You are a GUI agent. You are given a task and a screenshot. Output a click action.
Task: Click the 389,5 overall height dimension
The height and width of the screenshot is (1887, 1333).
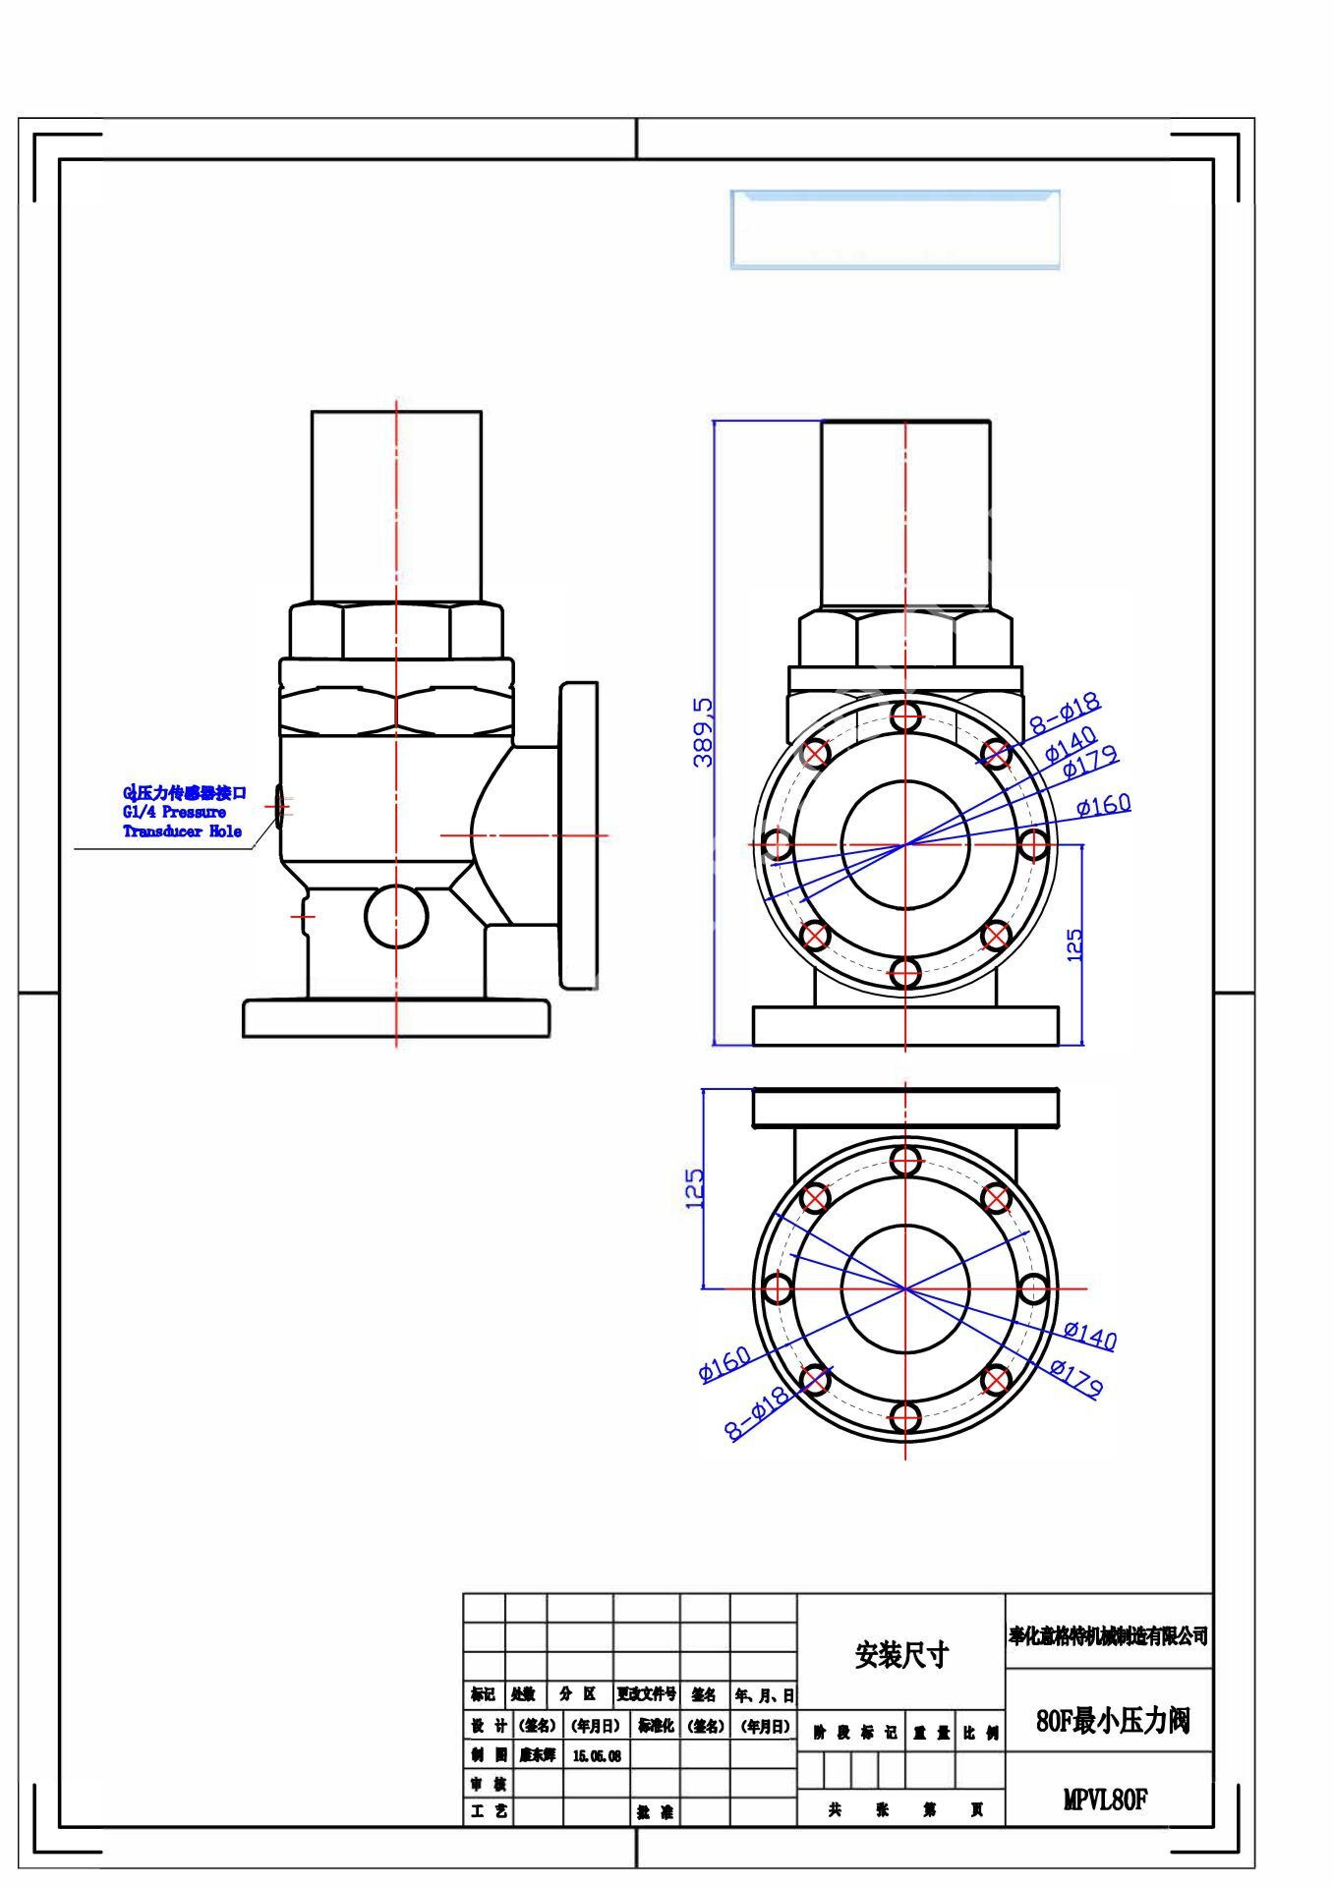(704, 731)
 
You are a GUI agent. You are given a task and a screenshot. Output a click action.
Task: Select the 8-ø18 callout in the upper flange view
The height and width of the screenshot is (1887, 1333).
(1066, 715)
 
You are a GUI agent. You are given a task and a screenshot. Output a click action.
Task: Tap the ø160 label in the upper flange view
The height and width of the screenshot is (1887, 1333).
(1103, 806)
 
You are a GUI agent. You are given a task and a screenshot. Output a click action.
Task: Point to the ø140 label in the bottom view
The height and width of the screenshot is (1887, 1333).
(1090, 1335)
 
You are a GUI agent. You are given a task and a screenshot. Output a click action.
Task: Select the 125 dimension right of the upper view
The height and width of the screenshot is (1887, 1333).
(1075, 944)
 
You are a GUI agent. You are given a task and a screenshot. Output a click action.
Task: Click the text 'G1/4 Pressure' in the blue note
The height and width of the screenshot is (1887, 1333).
(174, 812)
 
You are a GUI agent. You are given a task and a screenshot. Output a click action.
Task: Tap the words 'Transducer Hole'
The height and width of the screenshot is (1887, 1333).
(182, 831)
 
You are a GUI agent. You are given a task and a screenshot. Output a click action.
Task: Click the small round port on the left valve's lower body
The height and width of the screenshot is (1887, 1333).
(396, 916)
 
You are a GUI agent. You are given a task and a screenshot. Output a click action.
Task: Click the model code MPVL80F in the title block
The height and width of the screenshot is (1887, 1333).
(1106, 1800)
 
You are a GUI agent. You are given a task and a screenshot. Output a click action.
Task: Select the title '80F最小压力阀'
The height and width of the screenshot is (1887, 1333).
(1113, 1721)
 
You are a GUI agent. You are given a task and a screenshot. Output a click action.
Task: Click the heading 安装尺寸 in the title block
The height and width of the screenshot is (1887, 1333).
(901, 1655)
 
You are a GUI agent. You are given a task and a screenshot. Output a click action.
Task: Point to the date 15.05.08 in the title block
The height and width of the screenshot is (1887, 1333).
(597, 1756)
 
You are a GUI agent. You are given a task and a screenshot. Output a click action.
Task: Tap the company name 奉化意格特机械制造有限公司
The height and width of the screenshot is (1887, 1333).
(1108, 1636)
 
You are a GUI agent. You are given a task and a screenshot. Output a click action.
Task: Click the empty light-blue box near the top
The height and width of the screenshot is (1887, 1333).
(895, 230)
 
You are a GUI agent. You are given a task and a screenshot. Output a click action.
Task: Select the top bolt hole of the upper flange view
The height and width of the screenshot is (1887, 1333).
(905, 715)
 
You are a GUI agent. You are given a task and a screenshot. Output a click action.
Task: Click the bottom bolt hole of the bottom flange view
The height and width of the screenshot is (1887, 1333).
(905, 1417)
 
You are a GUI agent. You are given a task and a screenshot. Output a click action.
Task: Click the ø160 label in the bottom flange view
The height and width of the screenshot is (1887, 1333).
(724, 1363)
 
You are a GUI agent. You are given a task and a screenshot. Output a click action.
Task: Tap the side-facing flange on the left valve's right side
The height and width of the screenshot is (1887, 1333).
(578, 835)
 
